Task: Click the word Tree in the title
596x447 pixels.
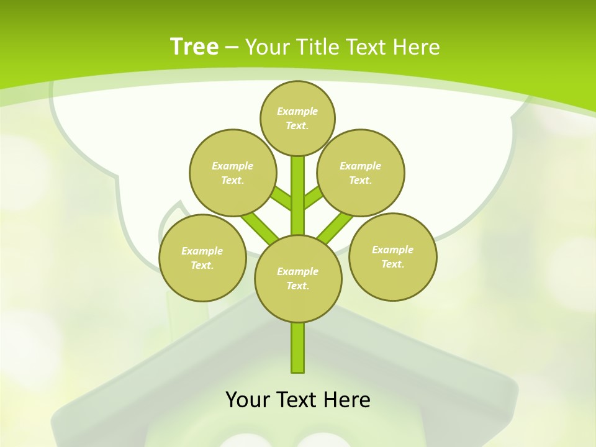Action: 194,47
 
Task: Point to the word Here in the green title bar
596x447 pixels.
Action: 417,47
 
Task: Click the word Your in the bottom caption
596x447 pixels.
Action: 248,400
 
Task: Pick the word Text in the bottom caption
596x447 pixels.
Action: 299,400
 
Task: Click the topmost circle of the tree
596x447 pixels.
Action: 297,118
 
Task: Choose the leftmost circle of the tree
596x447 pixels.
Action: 202,258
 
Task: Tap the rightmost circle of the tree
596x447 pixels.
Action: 392,256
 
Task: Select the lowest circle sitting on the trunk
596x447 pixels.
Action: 298,278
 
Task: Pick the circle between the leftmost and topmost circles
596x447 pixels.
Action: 232,173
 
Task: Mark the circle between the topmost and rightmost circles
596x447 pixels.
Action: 360,173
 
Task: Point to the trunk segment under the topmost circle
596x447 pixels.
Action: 298,186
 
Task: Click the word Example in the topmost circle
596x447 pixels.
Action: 297,111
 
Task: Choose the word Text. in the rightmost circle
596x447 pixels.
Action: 392,264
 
